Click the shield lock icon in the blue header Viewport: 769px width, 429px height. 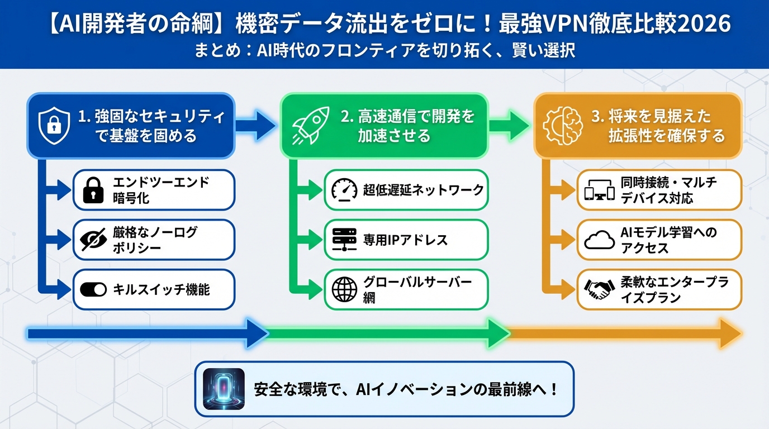click(x=55, y=126)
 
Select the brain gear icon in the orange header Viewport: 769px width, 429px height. click(x=561, y=126)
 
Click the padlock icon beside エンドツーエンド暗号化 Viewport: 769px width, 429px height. click(x=93, y=190)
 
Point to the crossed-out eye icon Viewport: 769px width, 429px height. click(x=93, y=240)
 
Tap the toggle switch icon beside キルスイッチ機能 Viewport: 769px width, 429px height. click(x=93, y=289)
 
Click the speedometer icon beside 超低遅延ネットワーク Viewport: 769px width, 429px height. click(x=344, y=190)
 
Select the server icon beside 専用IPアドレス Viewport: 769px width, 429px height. click(x=344, y=240)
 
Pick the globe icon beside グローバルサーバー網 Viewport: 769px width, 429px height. click(x=344, y=289)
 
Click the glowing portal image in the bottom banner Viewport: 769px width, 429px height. click(x=224, y=389)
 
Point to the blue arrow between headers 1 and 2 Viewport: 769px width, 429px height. click(x=256, y=126)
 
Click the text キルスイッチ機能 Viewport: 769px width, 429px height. click(x=161, y=289)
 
